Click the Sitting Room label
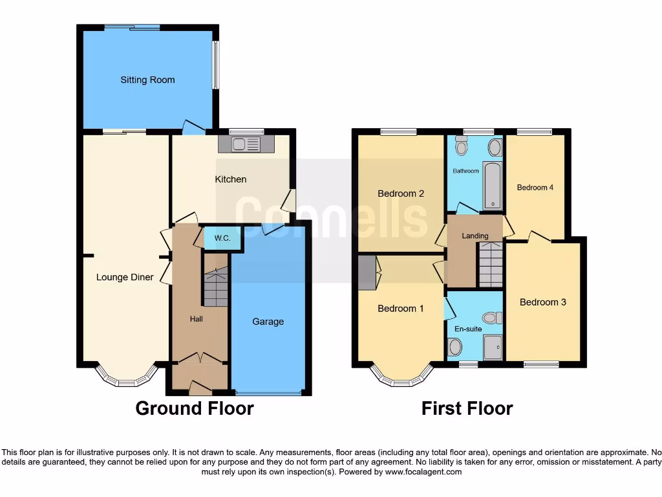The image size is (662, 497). [147, 80]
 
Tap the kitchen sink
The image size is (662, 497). [246, 144]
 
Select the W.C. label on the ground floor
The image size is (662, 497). [222, 238]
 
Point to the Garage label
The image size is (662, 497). [268, 322]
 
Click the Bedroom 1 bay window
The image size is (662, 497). [401, 378]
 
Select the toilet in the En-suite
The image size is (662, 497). [492, 318]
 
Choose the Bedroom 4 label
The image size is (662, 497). [535, 188]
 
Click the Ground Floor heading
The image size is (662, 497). [195, 408]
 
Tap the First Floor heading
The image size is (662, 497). [467, 408]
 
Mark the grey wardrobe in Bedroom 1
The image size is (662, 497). [367, 272]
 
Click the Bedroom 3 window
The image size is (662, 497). [541, 364]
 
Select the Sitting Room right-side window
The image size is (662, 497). [217, 65]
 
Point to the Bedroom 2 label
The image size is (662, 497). [401, 193]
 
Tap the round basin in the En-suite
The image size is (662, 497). [455, 348]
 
